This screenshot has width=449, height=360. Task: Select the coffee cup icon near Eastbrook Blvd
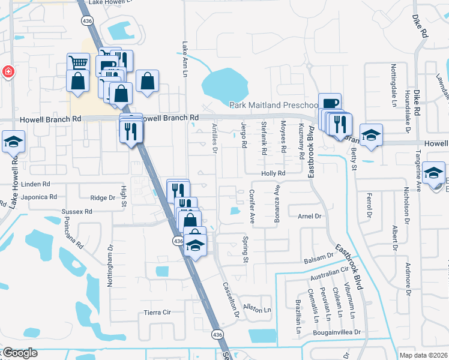pyautogui.click(x=330, y=103)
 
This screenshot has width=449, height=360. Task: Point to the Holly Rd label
pyautogui.click(x=272, y=173)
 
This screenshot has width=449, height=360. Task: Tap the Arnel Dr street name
pyautogui.click(x=310, y=216)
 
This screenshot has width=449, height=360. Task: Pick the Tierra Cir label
pyautogui.click(x=158, y=313)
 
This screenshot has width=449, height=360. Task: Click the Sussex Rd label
pyautogui.click(x=77, y=212)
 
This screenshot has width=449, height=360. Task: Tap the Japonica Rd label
pyautogui.click(x=38, y=197)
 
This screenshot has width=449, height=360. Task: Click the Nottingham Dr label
pyautogui.click(x=110, y=265)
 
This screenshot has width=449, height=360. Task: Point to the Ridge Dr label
pyautogui.click(x=102, y=197)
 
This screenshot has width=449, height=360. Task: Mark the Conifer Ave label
pyautogui.click(x=252, y=206)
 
